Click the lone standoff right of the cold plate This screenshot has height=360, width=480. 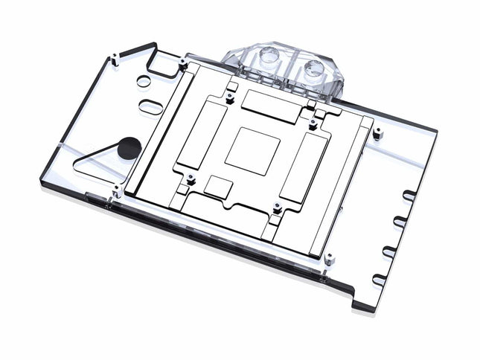coord(377,135)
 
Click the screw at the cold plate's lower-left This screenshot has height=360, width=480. coord(191,179)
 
